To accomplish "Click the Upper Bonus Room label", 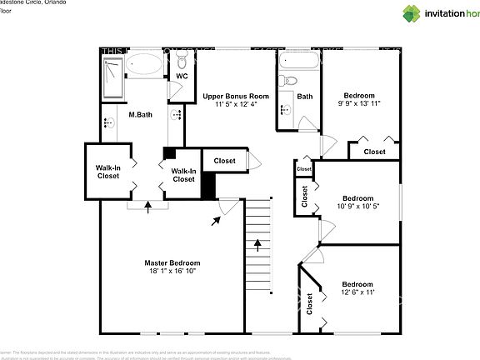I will coord(236,96).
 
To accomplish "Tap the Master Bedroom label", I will coord(172,262).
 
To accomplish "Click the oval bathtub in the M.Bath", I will coord(147,65).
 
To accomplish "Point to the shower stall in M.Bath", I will coord(112,76).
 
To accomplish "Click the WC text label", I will coord(182,77).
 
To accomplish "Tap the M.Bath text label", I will coord(139,114).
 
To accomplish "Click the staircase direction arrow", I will coord(257,246).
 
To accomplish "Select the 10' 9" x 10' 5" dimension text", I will coord(357,206).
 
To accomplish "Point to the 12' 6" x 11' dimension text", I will coord(357,292).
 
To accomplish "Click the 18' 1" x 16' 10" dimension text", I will coord(172,271).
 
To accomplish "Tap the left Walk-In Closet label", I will coord(107,171).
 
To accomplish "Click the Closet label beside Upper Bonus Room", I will coord(224,161).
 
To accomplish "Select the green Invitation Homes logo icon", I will coord(412,13).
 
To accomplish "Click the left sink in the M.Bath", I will coord(108,122).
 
